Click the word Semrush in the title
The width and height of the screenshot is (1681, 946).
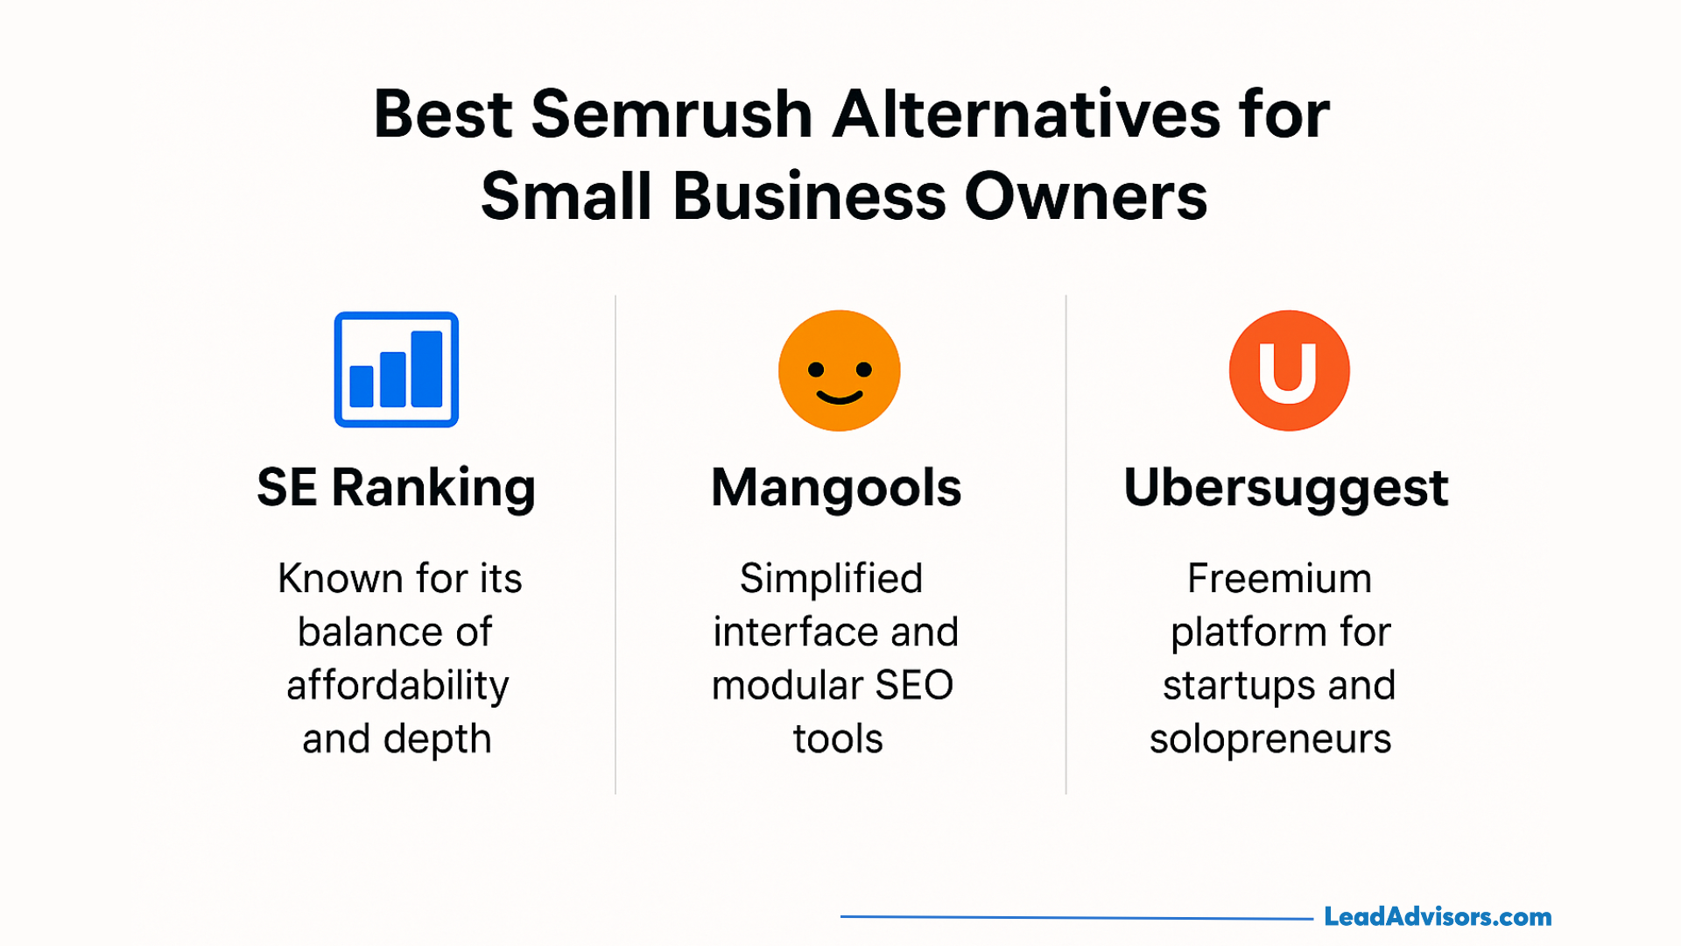coord(672,115)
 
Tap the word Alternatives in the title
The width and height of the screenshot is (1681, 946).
coord(1026,115)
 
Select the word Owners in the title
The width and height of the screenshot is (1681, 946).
coord(1086,196)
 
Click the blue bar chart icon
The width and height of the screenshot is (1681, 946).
coord(397,370)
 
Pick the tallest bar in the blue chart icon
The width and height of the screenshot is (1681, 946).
coord(426,369)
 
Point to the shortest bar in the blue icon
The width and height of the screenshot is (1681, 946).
coord(362,386)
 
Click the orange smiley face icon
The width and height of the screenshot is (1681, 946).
coord(840,371)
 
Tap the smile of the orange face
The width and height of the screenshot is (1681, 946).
coord(840,398)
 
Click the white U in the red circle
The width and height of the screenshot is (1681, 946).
coord(1288,371)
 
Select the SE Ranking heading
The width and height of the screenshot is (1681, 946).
coord(397,488)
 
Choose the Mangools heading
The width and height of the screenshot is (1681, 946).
coord(836,488)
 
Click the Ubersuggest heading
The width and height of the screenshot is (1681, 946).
coord(1286,488)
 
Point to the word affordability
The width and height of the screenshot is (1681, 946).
coord(397,686)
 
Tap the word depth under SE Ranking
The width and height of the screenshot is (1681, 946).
coord(438,739)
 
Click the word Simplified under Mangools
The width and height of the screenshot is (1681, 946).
coord(832,579)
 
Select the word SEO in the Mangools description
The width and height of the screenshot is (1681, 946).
coord(914,686)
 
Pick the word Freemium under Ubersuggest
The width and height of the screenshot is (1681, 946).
coord(1279,579)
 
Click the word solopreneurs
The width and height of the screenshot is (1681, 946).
coord(1270,739)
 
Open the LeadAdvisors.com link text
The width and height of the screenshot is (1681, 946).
coord(1438,917)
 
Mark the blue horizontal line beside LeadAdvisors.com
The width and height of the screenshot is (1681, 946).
coord(1077,918)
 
